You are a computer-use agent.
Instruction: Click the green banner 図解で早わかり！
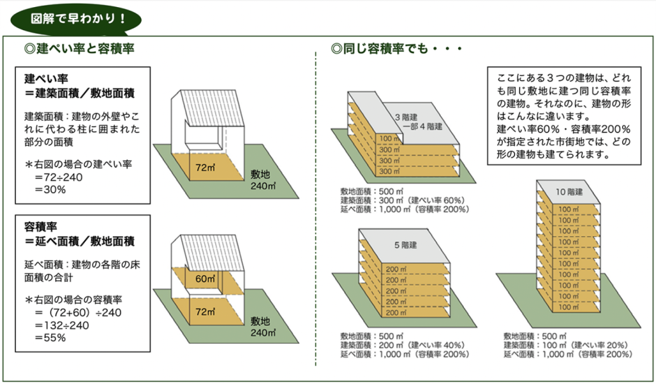76,19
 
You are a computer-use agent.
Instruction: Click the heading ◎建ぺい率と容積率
79,49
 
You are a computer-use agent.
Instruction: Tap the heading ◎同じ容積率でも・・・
396,49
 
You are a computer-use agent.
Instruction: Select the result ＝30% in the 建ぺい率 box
51,189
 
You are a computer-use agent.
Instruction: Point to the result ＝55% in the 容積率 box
51,338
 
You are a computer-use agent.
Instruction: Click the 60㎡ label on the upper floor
205,278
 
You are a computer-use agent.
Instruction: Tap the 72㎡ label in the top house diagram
205,168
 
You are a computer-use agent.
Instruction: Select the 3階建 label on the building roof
406,117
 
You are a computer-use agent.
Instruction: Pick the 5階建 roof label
406,245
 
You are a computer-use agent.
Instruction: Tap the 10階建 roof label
569,192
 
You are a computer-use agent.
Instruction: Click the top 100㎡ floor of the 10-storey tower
569,209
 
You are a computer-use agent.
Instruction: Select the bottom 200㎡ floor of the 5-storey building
396,312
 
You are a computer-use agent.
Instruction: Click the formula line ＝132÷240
62,325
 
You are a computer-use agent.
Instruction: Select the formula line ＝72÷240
59,177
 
